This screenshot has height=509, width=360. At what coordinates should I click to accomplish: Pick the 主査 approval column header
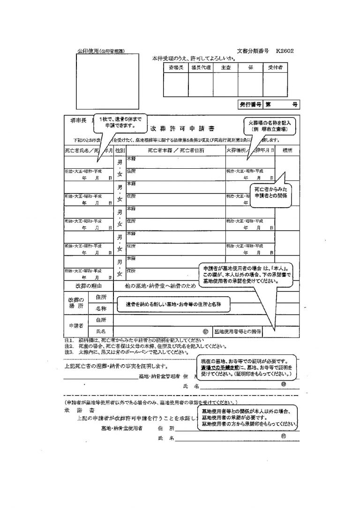(x=225, y=67)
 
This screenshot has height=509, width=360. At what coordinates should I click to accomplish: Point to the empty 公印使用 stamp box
(x=107, y=80)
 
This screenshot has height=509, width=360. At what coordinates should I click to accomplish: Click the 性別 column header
(x=120, y=150)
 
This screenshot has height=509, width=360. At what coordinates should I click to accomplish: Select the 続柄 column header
(x=286, y=150)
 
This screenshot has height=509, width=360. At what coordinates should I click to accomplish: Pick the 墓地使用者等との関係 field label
(x=238, y=331)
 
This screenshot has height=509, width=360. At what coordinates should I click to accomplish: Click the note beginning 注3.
(x=127, y=351)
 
